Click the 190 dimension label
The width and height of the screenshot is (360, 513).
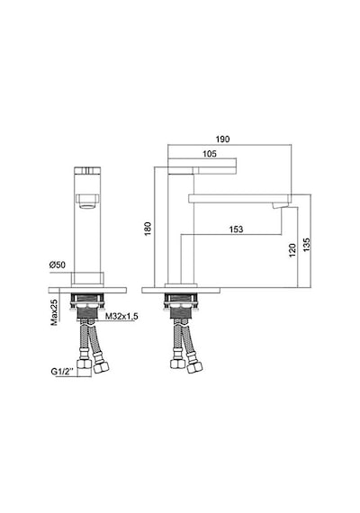tap(222, 139)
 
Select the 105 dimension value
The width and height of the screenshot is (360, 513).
tap(210, 154)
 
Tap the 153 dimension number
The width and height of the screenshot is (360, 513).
tap(236, 229)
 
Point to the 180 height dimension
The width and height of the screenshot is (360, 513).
tap(148, 229)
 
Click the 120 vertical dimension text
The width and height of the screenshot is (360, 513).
tap(292, 250)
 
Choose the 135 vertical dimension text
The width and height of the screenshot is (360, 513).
tap(306, 245)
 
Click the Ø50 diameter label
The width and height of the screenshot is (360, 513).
tap(58, 265)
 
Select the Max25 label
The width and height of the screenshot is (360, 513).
tap(54, 312)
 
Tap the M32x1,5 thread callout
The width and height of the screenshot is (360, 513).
tap(121, 317)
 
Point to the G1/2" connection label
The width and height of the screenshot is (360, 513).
tap(64, 372)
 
